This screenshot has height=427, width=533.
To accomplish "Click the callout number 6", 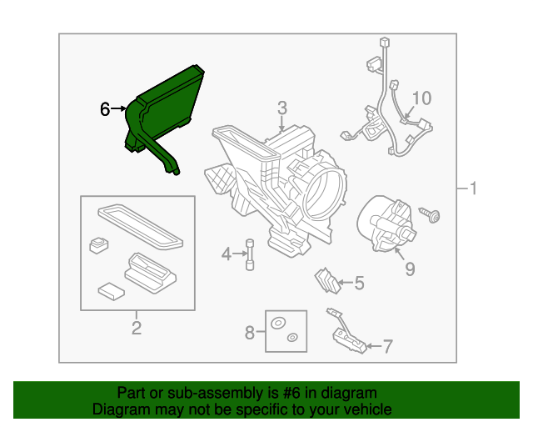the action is tap(105, 109).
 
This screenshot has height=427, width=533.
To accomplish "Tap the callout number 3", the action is tap(282, 108).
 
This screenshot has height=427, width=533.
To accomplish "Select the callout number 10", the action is tap(421, 98).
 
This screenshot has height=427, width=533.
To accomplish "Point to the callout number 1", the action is tap(473, 188).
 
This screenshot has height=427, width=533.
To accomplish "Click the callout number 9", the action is tap(410, 269).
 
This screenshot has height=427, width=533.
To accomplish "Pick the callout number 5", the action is tap(359, 283).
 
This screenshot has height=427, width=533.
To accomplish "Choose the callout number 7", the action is tap(388, 346).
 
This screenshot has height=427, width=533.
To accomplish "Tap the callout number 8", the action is tap(250, 332).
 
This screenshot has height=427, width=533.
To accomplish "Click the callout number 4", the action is tap(227, 254).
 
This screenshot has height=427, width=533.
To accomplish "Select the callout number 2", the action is tap(137, 328).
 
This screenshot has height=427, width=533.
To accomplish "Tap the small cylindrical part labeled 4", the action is tap(250, 254).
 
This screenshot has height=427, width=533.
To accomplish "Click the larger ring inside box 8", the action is tap(277, 323).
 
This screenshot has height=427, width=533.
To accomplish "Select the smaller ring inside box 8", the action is tap(292, 338).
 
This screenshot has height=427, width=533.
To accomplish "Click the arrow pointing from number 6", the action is tap(118, 108).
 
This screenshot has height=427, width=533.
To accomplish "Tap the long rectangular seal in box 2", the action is tap(141, 227).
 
